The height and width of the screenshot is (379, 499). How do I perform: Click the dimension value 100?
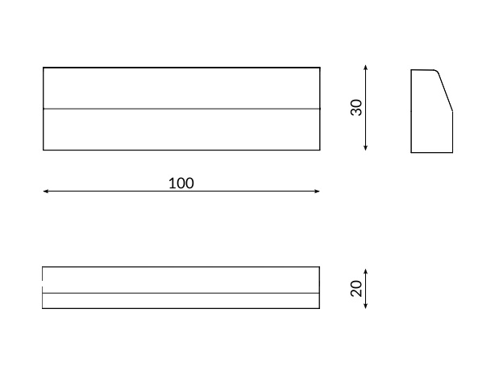(181, 183)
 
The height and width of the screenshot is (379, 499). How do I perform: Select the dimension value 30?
(356, 108)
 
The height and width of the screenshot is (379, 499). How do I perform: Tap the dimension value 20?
(356, 288)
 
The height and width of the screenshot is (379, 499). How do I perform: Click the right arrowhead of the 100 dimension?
(318, 192)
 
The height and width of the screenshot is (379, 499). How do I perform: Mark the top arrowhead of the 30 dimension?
(366, 67)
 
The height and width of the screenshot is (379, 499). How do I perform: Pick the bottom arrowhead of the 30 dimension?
(366, 150)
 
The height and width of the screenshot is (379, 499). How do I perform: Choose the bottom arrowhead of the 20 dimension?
(366, 307)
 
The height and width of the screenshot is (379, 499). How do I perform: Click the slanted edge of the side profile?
(446, 93)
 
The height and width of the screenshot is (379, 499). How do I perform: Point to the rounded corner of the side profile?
(438, 72)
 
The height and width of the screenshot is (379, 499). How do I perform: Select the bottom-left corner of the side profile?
(411, 152)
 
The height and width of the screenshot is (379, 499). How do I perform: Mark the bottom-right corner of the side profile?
(453, 152)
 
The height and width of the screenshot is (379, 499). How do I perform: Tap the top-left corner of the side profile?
(411, 70)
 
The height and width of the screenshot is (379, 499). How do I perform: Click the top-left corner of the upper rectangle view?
(43, 68)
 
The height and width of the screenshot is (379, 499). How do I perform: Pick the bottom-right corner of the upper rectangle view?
(320, 150)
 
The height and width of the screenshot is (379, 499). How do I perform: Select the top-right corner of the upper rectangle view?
(320, 68)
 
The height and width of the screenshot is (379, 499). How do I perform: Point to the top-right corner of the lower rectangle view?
(319, 267)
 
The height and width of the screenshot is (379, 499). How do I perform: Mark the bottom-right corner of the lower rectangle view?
(319, 308)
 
